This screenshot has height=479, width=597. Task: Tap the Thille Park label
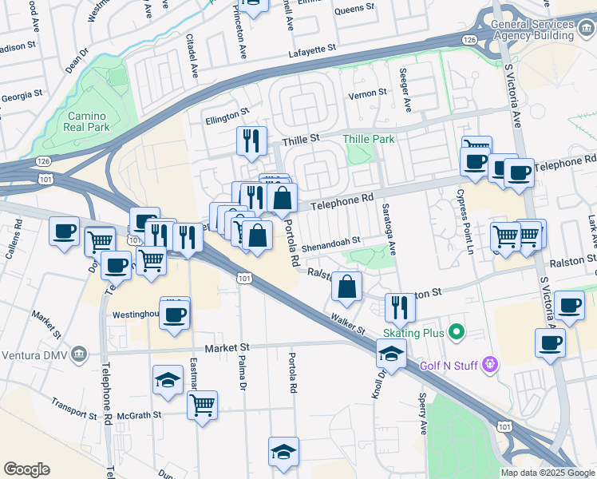point(369,139)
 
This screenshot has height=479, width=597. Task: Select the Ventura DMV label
point(34,354)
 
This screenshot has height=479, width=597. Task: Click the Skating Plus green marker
point(456,331)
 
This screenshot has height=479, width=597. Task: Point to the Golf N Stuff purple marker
point(490,366)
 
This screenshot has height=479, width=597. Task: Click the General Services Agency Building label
point(533,30)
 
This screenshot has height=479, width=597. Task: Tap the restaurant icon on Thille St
point(251,141)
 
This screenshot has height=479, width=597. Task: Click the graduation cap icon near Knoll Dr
point(391,354)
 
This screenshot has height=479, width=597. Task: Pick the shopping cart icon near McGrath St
point(203,405)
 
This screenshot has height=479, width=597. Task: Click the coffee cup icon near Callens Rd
point(64,232)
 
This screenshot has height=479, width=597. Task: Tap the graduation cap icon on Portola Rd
point(284,452)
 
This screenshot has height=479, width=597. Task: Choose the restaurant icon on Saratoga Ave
point(400,307)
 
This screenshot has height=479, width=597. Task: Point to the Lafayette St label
point(313,50)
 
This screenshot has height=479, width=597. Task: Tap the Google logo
point(26,469)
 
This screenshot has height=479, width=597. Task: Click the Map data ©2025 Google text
point(548,473)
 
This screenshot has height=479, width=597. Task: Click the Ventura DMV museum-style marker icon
point(78,354)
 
